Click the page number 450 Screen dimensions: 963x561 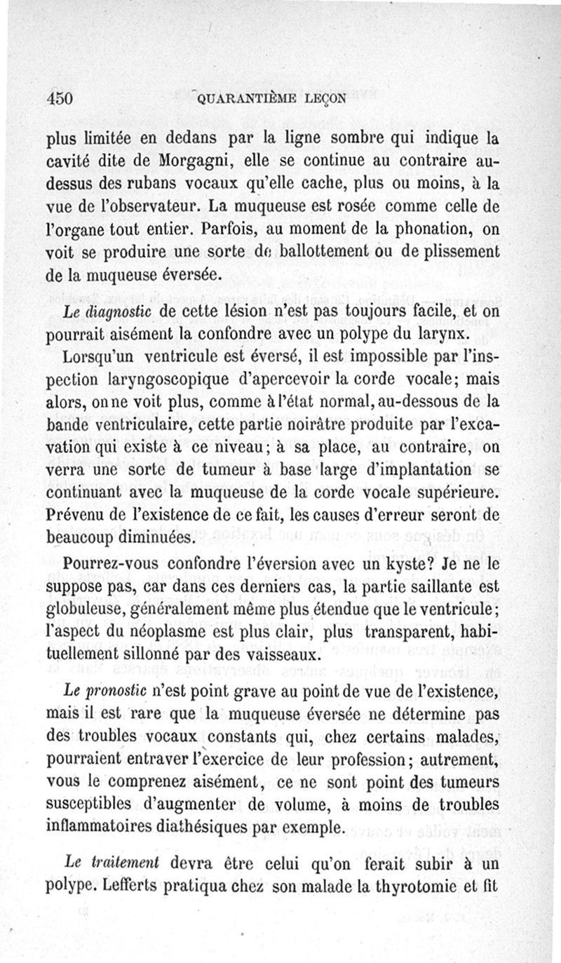[x=60, y=99]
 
